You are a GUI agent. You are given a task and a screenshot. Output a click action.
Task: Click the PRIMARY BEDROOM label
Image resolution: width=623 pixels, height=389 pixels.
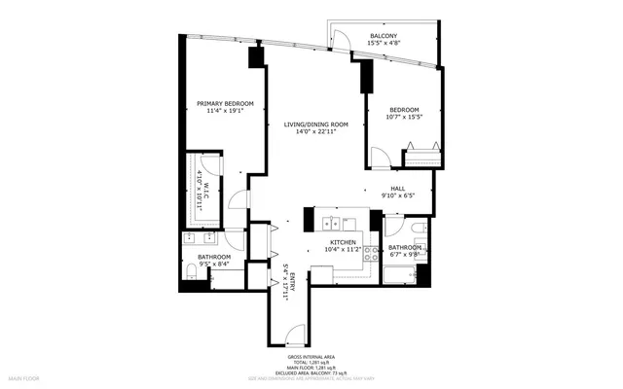pos(225,104)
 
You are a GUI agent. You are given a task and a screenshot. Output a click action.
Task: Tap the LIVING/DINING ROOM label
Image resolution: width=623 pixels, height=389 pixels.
pos(316,124)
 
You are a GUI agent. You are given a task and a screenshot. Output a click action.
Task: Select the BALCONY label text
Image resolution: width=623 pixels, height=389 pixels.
pos(383,36)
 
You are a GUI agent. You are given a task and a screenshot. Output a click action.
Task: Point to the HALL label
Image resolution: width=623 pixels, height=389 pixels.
pos(398,189)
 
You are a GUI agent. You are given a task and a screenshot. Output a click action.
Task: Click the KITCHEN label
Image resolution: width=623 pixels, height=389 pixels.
pos(343,242)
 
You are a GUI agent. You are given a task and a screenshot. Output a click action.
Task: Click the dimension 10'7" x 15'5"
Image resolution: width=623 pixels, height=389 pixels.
pos(404,117)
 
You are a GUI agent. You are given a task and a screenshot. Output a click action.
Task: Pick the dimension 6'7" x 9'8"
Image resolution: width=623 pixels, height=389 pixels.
pos(405,255)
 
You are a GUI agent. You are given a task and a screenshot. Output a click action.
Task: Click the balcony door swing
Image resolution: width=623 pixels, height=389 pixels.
pos(341,40)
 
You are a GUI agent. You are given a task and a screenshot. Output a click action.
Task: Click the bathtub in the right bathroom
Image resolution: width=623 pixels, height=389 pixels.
pos(402,273)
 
